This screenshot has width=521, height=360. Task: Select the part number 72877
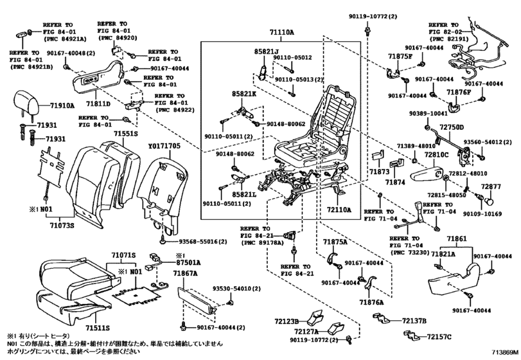point(491,186)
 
